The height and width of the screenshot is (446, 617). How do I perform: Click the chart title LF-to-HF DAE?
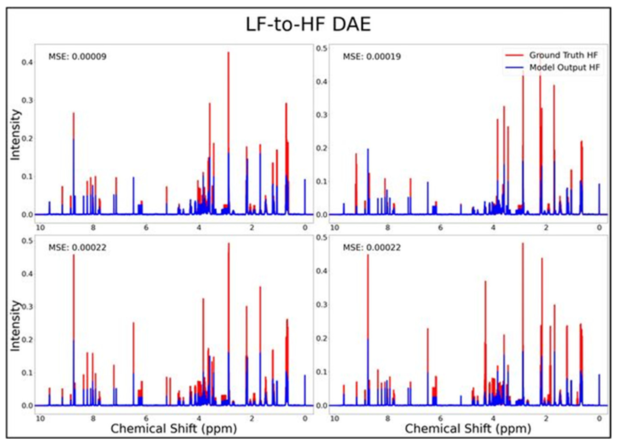click(308, 25)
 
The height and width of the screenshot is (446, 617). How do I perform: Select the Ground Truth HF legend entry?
click(563, 55)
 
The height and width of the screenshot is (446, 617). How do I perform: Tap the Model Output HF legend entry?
click(564, 67)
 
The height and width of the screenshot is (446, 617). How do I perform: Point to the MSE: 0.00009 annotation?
click(77, 57)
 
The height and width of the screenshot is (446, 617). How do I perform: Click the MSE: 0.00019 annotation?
click(372, 57)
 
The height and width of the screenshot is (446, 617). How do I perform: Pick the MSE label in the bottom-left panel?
click(77, 247)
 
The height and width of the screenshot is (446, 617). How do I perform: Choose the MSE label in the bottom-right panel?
click(372, 247)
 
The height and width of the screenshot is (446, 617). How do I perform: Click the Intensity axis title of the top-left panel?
click(15, 135)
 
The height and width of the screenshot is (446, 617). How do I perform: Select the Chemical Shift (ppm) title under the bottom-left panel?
click(174, 429)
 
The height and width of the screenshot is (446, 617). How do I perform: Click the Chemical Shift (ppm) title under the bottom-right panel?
click(468, 429)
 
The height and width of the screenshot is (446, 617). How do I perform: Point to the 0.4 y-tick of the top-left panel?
click(27, 62)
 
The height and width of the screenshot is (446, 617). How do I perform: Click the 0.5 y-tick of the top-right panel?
click(321, 48)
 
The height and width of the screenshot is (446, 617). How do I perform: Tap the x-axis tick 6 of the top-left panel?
click(146, 227)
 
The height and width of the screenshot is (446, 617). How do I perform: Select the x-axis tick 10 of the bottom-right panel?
click(335, 418)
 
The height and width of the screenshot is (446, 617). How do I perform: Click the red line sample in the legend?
click(514, 55)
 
